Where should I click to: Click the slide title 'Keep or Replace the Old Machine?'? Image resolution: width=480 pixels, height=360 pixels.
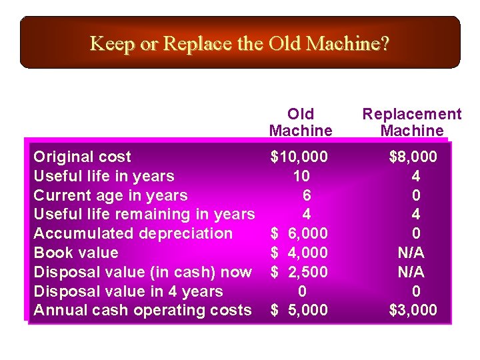point(239,44)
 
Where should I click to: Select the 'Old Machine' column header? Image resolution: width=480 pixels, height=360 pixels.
point(300,122)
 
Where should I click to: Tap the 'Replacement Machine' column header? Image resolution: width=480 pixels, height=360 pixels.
point(411,122)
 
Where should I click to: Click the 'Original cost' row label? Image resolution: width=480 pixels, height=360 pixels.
point(82,157)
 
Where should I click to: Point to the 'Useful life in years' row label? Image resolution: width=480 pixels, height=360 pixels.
point(103,176)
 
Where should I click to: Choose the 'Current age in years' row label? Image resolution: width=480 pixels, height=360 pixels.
point(110,195)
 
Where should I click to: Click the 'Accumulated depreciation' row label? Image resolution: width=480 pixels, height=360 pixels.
point(133,233)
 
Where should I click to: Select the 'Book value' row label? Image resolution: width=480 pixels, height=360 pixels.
point(75,253)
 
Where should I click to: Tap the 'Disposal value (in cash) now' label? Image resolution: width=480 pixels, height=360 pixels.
point(142,272)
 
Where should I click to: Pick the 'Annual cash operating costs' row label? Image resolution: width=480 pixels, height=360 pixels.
point(142,310)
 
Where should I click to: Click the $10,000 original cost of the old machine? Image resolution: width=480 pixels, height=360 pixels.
point(299,157)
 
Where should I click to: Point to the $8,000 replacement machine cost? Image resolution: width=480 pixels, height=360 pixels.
point(413,157)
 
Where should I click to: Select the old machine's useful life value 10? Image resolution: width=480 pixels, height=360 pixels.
point(301,176)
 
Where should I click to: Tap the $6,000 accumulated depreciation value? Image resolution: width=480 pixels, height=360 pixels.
point(299,233)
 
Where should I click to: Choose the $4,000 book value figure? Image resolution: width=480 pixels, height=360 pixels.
point(299,253)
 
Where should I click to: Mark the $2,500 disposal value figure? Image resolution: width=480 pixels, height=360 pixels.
point(299,272)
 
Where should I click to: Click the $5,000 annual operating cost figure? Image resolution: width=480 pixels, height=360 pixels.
point(299,310)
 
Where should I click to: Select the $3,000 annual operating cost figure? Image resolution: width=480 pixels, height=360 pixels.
point(413,310)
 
